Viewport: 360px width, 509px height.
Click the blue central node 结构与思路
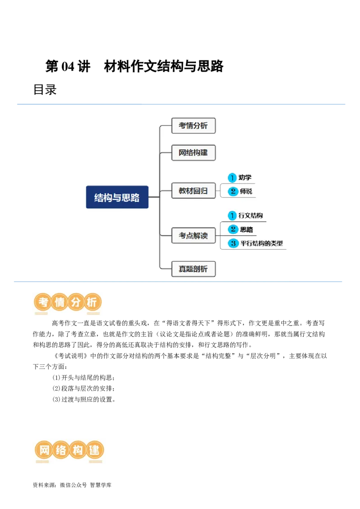117,197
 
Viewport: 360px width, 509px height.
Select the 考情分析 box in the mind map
193,126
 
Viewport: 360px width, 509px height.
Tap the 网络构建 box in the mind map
193,152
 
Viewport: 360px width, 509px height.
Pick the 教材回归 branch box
193,191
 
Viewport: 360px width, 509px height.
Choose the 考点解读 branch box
193,235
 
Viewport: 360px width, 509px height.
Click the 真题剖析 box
193,269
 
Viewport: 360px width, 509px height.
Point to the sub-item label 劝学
245,178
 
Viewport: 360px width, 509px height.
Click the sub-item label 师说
246,191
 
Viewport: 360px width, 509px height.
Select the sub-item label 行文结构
251,216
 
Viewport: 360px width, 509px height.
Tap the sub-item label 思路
246,229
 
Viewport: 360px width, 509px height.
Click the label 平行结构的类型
261,243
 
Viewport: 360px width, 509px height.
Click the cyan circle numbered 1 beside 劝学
232,178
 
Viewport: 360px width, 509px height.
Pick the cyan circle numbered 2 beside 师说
233,191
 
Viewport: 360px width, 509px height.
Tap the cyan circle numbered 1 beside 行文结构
232,216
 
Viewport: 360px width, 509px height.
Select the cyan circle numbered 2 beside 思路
233,229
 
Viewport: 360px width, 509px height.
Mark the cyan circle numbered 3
233,243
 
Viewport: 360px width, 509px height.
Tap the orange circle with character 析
92,303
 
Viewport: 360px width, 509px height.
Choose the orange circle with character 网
44,450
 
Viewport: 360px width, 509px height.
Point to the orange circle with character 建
94,450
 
